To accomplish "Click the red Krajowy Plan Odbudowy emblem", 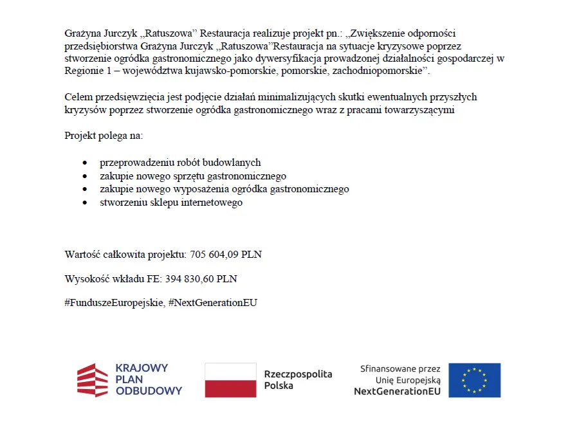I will coord(93,380).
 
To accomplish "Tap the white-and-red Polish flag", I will coord(230,380).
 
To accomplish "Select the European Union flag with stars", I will coord(474,380).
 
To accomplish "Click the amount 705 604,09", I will coord(214,255).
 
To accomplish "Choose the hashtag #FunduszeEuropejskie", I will coord(114,302).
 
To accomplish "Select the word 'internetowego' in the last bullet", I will coord(214,203).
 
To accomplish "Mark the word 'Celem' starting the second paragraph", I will coord(77,97).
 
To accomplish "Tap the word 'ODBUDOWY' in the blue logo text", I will coord(149,390).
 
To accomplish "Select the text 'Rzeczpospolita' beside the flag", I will coord(298,374).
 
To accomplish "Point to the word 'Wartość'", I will coord(81,255).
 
